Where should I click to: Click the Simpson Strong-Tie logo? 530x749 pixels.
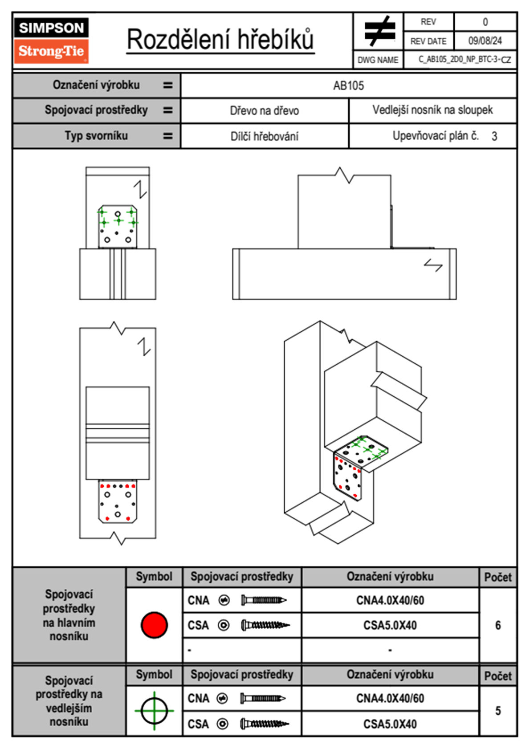[51, 40]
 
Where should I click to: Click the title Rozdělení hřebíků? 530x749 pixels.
[220, 40]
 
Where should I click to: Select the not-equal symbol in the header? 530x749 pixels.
[379, 31]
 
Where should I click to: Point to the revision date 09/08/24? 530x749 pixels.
[485, 41]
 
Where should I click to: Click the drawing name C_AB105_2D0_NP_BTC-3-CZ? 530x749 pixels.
[464, 60]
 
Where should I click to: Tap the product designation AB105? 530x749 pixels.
[348, 85]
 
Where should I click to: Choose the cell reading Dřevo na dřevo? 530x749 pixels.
[264, 111]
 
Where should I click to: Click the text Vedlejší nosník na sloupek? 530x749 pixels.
[432, 110]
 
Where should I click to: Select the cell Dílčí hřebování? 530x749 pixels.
[264, 136]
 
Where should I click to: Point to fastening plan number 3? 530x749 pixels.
[494, 136]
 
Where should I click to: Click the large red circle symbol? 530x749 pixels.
[154, 625]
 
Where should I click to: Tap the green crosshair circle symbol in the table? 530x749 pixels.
[154, 711]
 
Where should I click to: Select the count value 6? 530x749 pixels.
[498, 625]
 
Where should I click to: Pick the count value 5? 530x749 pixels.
[498, 711]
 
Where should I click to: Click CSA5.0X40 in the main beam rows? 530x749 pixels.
[390, 625]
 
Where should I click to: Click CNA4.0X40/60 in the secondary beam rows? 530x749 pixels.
[390, 698]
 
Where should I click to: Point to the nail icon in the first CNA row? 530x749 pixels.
[264, 600]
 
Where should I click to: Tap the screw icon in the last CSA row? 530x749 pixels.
[264, 724]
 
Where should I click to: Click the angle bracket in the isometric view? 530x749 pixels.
[354, 468]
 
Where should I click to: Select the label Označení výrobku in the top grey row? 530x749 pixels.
[96, 85]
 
